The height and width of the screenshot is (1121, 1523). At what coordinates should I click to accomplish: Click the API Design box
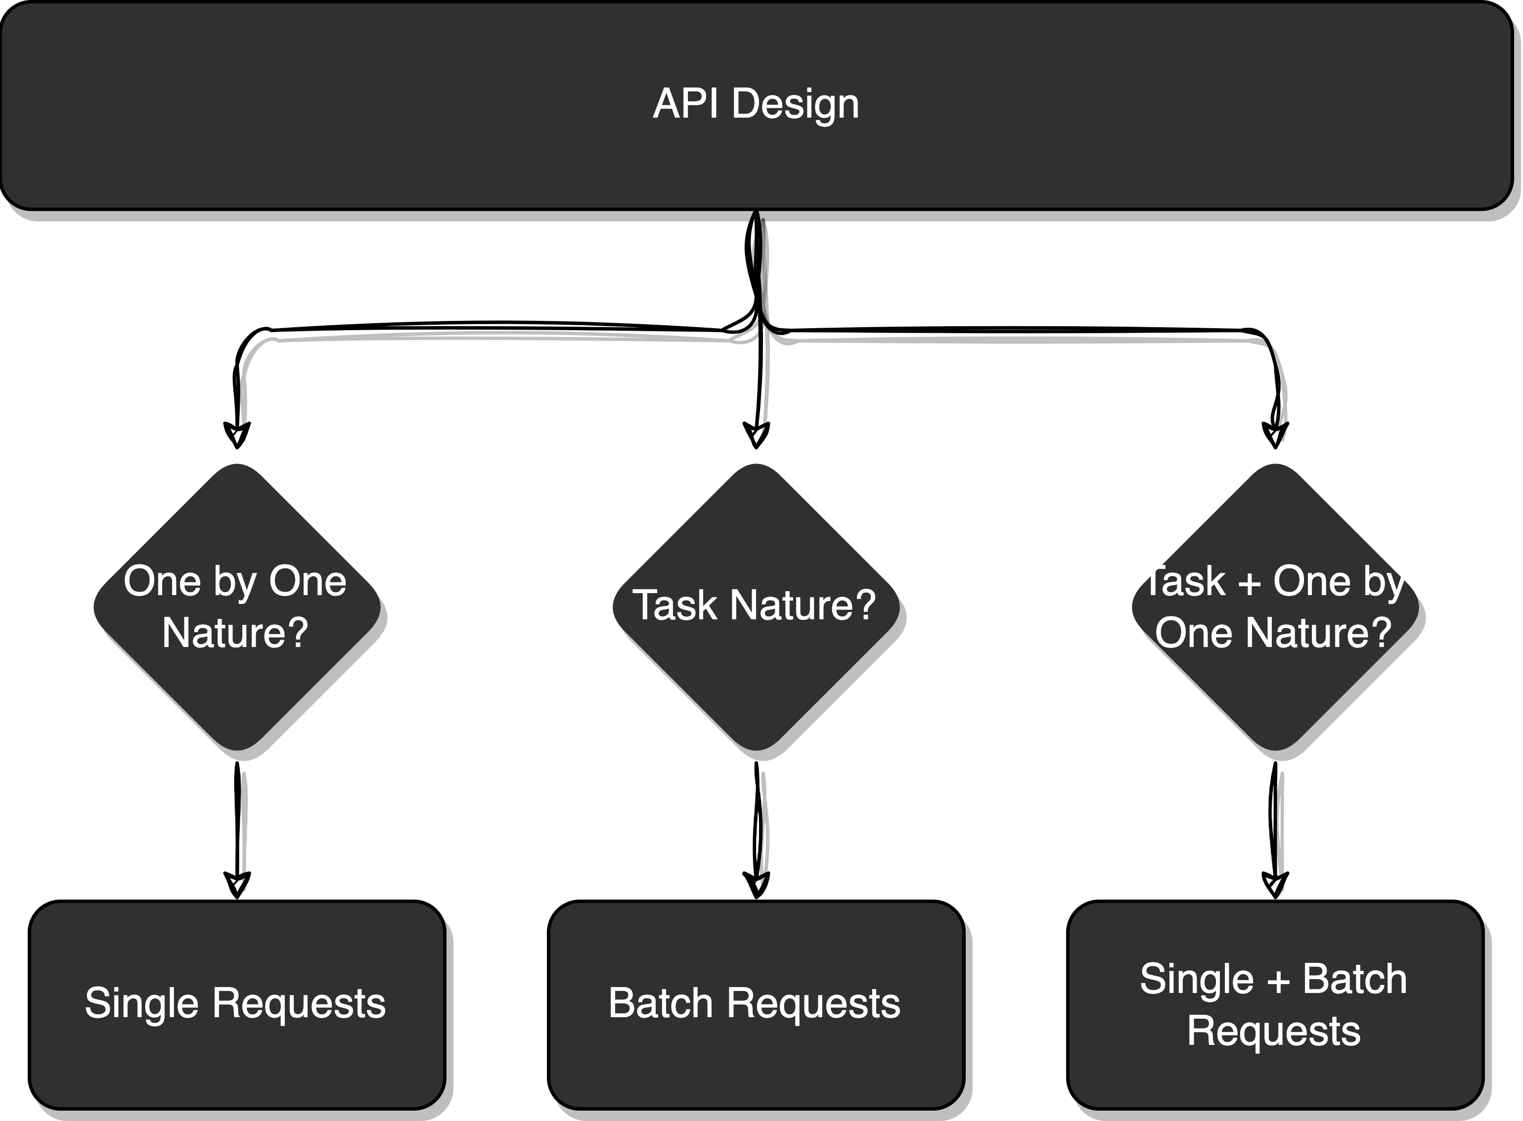click(757, 105)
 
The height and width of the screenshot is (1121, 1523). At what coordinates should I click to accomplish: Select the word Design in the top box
click(796, 105)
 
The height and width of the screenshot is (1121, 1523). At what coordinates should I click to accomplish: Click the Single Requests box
click(237, 1004)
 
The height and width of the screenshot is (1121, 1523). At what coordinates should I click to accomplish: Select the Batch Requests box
click(756, 1004)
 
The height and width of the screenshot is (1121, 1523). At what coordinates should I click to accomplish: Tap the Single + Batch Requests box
click(1275, 1004)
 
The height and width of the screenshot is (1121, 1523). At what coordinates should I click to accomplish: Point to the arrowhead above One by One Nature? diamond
click(237, 435)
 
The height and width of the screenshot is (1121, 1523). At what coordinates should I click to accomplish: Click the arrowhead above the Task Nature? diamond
click(756, 435)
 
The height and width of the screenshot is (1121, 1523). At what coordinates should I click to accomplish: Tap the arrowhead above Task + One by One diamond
click(1275, 435)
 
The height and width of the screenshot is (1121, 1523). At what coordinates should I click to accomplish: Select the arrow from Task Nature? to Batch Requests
click(757, 829)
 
